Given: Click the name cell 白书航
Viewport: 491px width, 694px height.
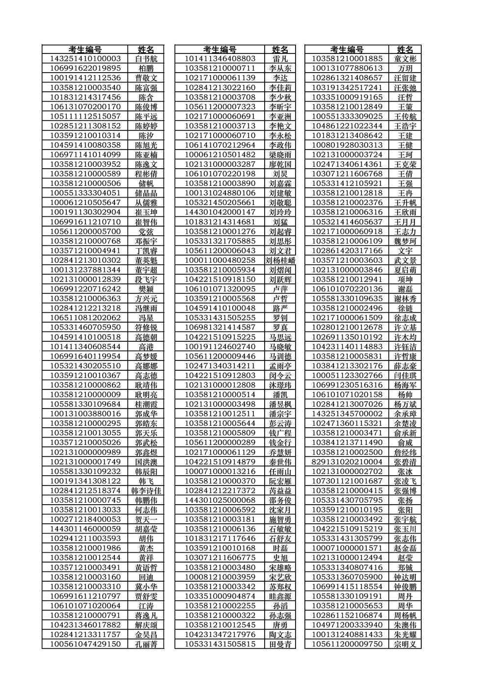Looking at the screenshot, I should point(146,59).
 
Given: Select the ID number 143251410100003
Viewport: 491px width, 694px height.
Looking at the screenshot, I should point(85,59).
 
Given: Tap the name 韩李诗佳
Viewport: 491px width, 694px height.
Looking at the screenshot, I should point(146,490).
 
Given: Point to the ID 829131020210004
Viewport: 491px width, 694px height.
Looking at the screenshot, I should point(347,462).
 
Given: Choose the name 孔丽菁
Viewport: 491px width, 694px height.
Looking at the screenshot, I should point(146,644).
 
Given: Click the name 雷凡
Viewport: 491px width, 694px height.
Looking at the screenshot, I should point(280,59).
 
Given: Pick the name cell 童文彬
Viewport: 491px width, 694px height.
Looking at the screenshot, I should point(405,59).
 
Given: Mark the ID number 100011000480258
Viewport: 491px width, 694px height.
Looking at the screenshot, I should point(220,260).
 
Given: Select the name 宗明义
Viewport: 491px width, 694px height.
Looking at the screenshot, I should point(405,644).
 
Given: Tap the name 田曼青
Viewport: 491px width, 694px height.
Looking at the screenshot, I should point(280,644).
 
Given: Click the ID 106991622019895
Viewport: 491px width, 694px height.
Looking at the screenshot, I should point(85,68).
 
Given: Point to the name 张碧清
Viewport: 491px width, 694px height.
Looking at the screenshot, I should point(405,462).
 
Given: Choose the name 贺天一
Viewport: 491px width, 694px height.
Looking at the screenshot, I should point(146,519).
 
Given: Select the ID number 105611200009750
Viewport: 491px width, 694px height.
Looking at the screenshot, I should point(347,644).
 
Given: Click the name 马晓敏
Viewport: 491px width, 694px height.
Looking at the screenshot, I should point(280,347).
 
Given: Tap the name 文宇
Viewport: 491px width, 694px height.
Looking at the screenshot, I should point(405,251).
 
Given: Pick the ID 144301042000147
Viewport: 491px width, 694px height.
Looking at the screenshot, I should point(220,212).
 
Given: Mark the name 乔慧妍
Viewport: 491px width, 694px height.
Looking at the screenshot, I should point(280,452).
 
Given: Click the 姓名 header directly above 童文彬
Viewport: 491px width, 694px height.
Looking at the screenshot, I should point(405,50).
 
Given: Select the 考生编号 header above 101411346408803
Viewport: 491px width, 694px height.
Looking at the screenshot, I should point(220,50).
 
